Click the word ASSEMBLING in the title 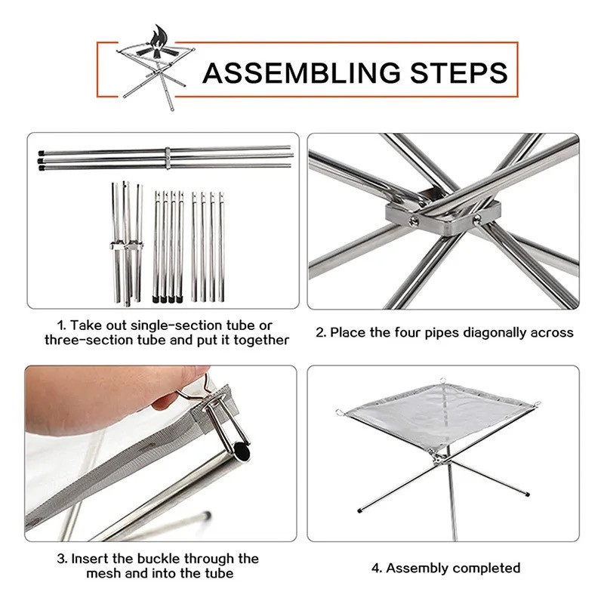tap(301, 72)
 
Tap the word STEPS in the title tap(459, 72)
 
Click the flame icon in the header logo tap(159, 42)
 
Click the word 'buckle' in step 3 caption tap(159, 559)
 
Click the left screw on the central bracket tap(414, 221)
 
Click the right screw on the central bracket tap(477, 220)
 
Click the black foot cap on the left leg tap(360, 510)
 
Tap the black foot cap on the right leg tap(527, 495)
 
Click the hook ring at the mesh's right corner tap(538, 404)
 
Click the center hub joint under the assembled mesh tap(439, 458)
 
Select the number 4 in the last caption tap(375, 569)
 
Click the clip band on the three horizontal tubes tap(168, 157)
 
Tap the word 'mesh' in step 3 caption tap(103, 573)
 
